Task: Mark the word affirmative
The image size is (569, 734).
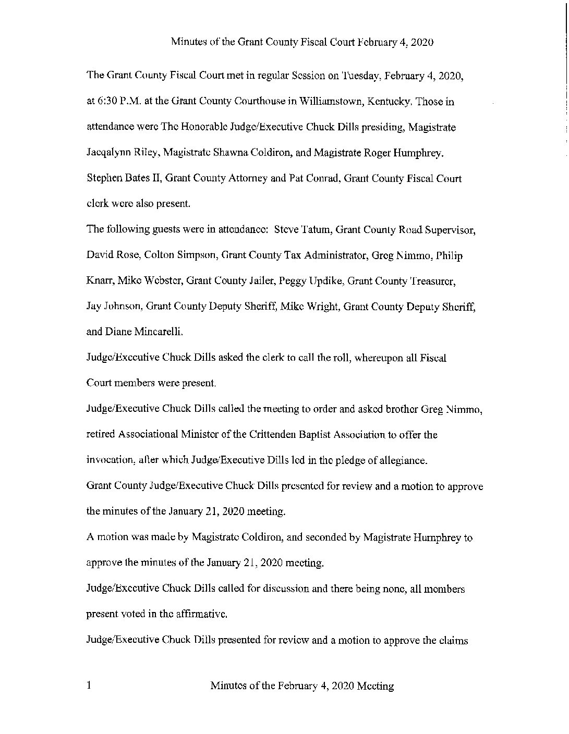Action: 201,614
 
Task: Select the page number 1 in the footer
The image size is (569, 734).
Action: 89,686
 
